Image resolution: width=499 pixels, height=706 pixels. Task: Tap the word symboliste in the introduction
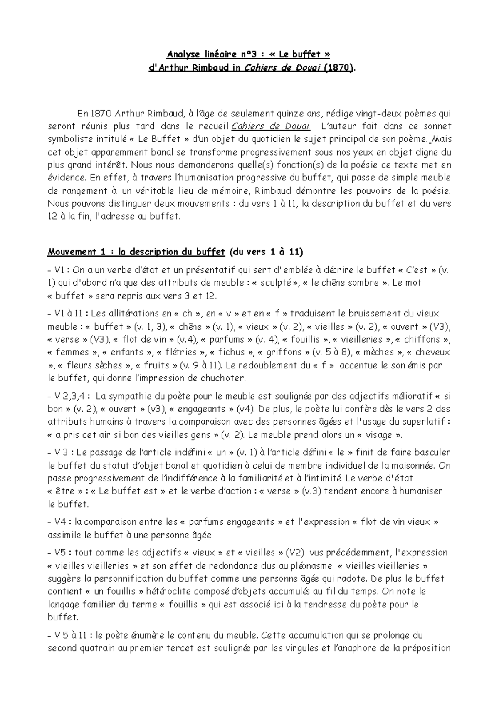(x=69, y=139)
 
